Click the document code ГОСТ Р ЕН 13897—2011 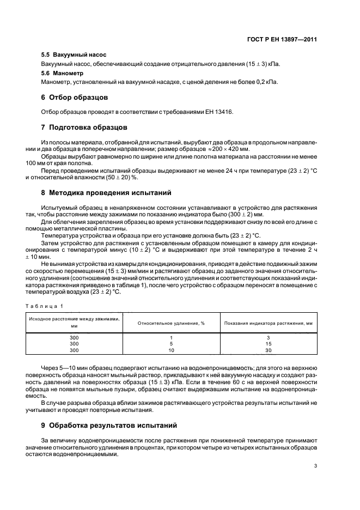tap(283, 39)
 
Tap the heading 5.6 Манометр tap(63, 72)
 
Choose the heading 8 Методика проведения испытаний tap(106, 192)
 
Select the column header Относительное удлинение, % tap(170, 323)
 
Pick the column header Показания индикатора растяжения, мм tap(268, 323)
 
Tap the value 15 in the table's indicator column tap(268, 344)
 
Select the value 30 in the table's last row tap(268, 350)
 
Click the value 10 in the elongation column tap(170, 350)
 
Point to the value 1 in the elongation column tap(170, 338)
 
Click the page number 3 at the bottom tap(315, 466)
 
